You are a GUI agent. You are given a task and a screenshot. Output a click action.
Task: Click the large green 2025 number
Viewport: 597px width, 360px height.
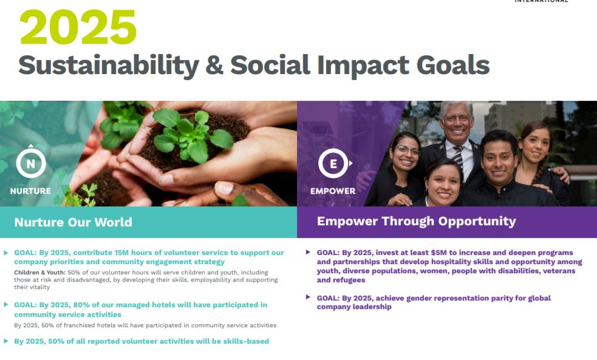(x=78, y=27)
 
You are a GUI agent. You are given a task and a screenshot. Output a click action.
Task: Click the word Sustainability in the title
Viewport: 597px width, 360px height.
(x=109, y=66)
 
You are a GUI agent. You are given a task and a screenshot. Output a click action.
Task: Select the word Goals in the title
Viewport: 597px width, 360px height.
(x=452, y=65)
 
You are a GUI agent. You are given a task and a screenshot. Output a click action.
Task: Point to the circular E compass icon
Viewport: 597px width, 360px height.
(x=334, y=163)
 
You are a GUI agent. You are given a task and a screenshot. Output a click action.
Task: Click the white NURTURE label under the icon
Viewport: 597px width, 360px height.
(x=30, y=191)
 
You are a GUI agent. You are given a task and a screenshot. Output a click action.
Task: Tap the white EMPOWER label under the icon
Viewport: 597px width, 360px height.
(x=333, y=191)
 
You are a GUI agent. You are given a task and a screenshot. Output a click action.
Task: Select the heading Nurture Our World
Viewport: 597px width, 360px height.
(x=73, y=222)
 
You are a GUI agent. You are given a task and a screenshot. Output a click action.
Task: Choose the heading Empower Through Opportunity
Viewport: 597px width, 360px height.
(x=417, y=221)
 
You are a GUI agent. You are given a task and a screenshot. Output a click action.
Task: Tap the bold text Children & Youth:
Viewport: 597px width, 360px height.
(x=40, y=273)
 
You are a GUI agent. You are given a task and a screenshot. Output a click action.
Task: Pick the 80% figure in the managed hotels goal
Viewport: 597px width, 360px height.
(x=81, y=305)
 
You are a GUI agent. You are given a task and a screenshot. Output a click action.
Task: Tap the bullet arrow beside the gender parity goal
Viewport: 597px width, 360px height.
(x=308, y=297)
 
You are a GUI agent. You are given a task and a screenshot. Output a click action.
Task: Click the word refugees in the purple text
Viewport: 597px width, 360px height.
(x=349, y=280)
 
